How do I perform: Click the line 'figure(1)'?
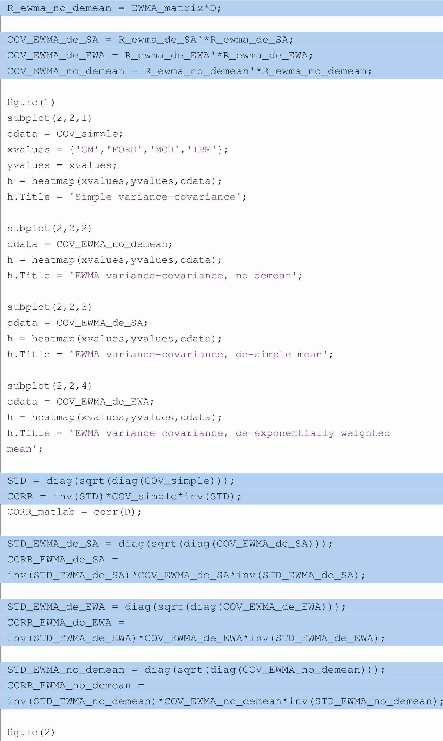[31, 102]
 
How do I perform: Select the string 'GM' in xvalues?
[87, 149]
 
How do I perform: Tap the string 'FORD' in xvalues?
[124, 149]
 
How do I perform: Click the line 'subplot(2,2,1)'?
[49, 118]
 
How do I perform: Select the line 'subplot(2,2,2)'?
[49, 228]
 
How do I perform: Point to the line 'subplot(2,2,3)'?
[49, 307]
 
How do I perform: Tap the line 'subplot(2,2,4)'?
[49, 386]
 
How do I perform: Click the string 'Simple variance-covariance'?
[155, 197]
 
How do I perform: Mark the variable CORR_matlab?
[41, 512]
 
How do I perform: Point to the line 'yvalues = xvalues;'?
[62, 165]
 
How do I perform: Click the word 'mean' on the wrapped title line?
[19, 449]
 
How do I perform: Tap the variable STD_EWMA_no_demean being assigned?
[66, 670]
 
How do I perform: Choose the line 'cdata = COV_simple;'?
[65, 134]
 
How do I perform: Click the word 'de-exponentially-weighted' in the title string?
[313, 433]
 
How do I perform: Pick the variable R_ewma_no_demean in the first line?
[59, 8]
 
